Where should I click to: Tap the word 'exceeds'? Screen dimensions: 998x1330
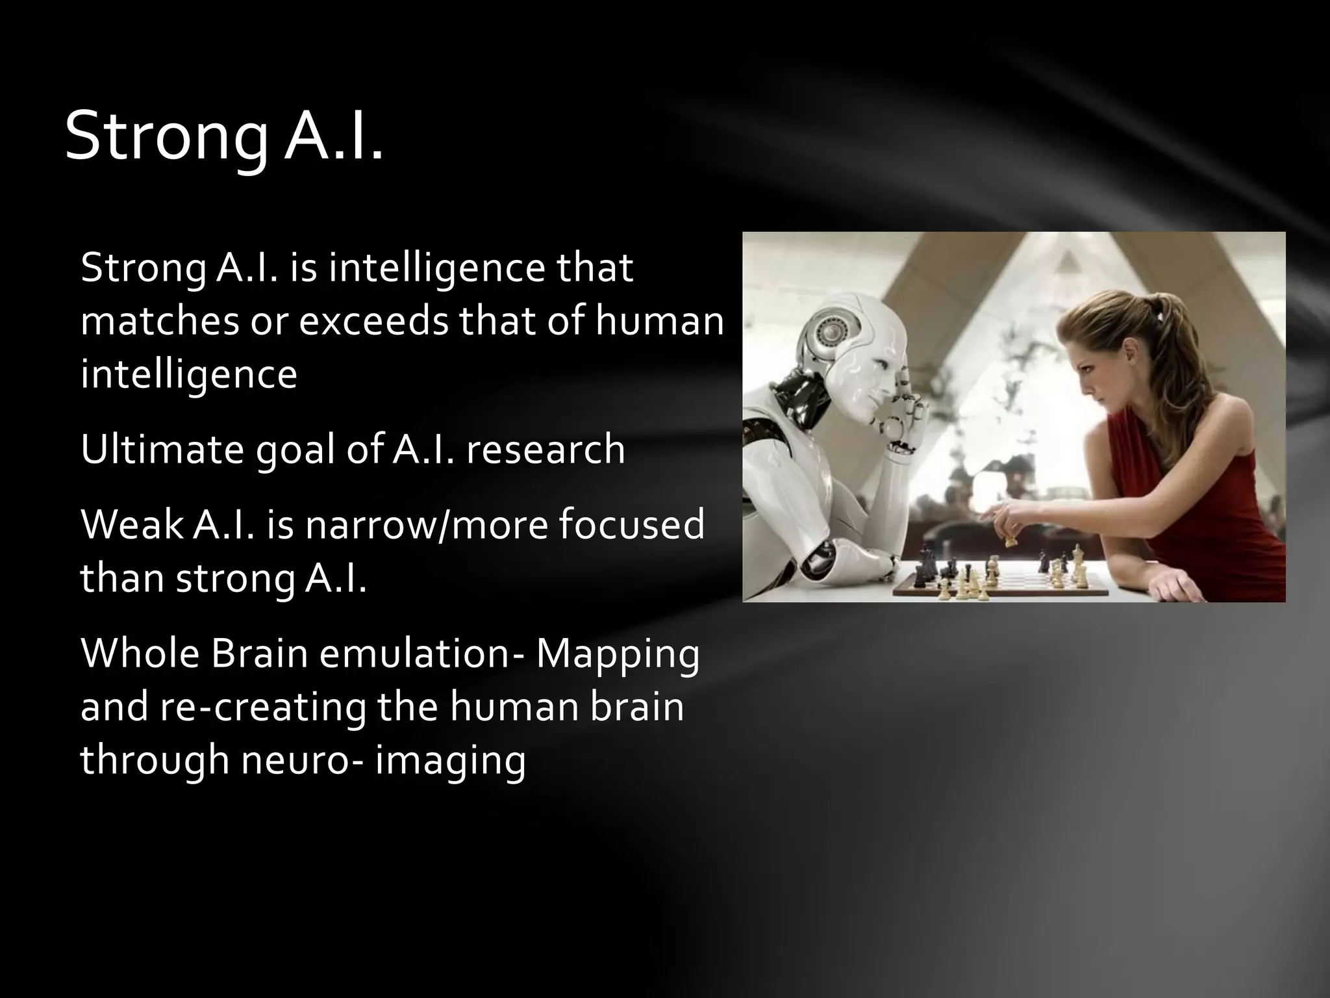point(373,321)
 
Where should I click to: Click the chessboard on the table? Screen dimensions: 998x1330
point(1000,578)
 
